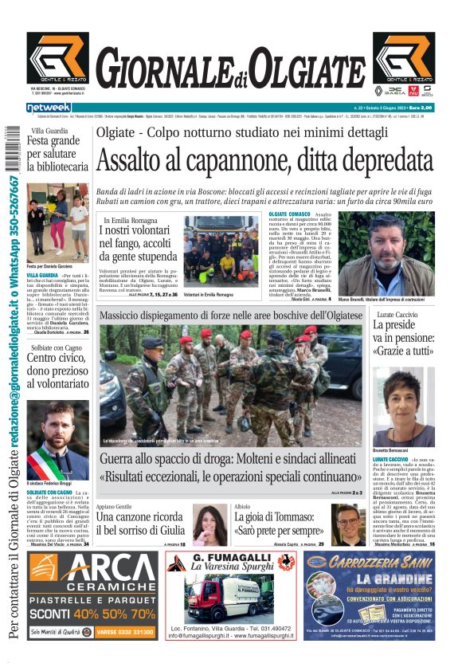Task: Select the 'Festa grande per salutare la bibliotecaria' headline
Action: [57, 154]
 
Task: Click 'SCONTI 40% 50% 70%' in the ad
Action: [92, 614]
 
